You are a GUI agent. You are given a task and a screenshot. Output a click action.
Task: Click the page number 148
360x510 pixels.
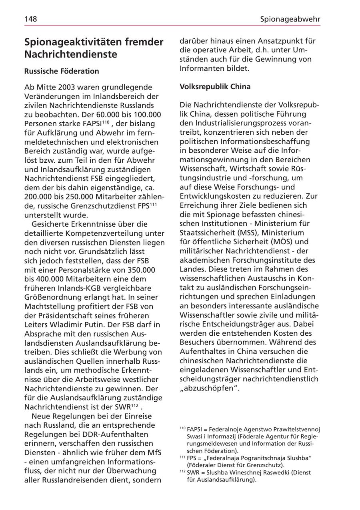click(x=30, y=19)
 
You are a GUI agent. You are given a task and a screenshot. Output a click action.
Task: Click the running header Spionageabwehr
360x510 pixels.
click(x=290, y=19)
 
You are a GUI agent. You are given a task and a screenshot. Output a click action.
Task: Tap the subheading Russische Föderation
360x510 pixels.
click(x=62, y=71)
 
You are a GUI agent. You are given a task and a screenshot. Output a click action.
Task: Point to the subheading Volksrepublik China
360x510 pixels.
click(x=215, y=86)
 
